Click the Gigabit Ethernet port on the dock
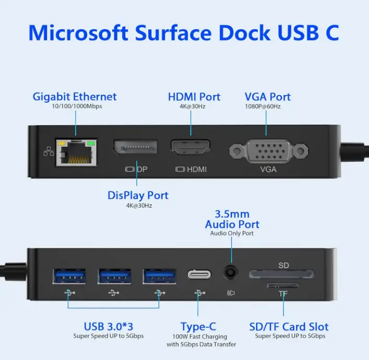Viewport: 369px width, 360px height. (x=76, y=152)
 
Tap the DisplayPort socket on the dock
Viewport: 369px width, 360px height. (x=135, y=147)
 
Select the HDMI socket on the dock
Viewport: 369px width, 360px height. (x=191, y=148)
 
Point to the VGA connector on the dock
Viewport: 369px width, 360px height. (x=268, y=151)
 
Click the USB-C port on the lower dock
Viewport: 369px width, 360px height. (x=199, y=274)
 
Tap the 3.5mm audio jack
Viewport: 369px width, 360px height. (x=231, y=272)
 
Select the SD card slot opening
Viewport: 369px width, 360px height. (x=281, y=274)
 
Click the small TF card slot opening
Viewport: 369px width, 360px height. (x=283, y=285)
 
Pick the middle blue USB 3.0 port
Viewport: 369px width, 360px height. (x=114, y=276)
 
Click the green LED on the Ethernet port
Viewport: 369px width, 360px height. (x=91, y=143)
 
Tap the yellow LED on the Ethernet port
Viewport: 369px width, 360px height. (x=62, y=143)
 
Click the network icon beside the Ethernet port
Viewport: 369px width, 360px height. (x=49, y=151)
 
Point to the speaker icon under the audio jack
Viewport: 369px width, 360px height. (x=231, y=293)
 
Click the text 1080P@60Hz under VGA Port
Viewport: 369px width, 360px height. (x=263, y=106)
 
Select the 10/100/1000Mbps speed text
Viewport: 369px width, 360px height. (x=77, y=106)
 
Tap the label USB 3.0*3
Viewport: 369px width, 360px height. (x=109, y=327)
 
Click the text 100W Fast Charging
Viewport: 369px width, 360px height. (x=200, y=337)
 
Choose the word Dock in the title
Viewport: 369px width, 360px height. (x=245, y=32)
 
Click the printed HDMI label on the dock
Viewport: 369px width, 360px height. (x=197, y=169)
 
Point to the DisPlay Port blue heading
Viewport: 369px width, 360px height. (x=138, y=195)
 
